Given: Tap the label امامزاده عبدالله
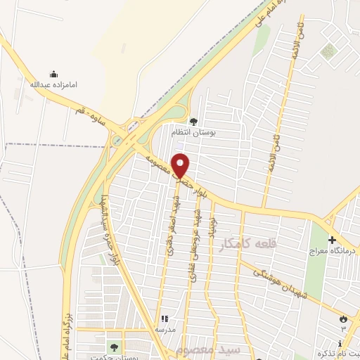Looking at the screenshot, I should (x=53, y=84).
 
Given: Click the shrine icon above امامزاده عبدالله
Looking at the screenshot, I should (x=53, y=74).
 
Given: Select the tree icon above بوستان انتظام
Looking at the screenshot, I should (x=193, y=121).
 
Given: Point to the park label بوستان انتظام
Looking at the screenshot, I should (x=193, y=131).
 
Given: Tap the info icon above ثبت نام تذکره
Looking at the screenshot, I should (x=340, y=343).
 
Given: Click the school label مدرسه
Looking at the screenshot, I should (x=165, y=328).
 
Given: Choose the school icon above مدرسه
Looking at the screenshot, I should (x=165, y=319).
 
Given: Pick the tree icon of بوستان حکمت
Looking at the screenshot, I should (x=114, y=347).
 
